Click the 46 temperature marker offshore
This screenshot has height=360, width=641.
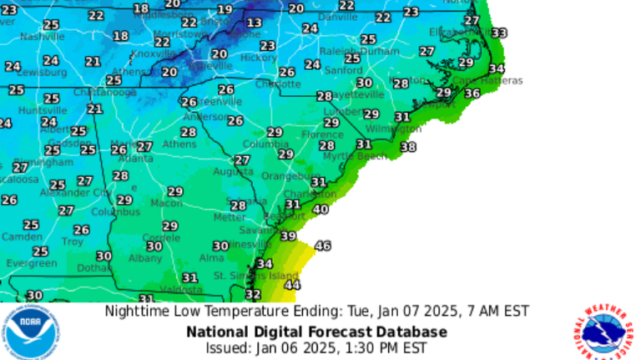(322, 246)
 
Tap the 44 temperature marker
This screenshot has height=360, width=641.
(292, 285)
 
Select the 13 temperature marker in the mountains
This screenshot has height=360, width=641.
(254, 23)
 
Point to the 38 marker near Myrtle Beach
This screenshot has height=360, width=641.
(408, 147)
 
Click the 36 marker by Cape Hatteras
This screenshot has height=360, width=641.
(472, 94)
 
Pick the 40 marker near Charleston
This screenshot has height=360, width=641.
(320, 209)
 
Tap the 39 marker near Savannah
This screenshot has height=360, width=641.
(288, 236)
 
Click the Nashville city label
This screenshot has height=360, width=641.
(42, 37)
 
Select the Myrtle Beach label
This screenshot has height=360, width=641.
(355, 156)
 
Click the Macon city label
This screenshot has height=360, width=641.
(166, 203)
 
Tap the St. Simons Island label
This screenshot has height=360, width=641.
(255, 276)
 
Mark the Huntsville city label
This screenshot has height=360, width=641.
(41, 110)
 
